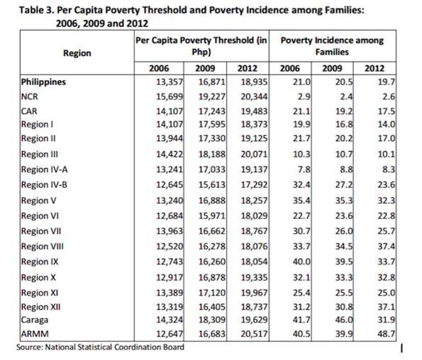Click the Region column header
(x=77, y=53)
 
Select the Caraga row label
(x=35, y=320)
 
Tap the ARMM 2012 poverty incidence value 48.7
(x=387, y=334)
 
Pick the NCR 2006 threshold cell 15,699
(x=170, y=96)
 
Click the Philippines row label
(x=43, y=81)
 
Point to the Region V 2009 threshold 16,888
(x=212, y=201)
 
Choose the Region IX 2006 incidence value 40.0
(x=301, y=261)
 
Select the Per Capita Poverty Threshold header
(x=201, y=46)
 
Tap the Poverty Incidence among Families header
(x=332, y=46)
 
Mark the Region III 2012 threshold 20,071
(x=254, y=154)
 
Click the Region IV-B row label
(x=44, y=185)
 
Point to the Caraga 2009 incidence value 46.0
(x=344, y=320)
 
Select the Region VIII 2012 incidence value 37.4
(x=387, y=247)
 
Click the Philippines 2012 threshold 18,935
(x=254, y=81)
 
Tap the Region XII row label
(x=40, y=307)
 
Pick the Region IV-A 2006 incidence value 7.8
(x=305, y=169)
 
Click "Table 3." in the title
(x=37, y=11)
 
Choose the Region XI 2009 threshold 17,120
(x=212, y=293)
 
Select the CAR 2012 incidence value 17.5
(x=387, y=111)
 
